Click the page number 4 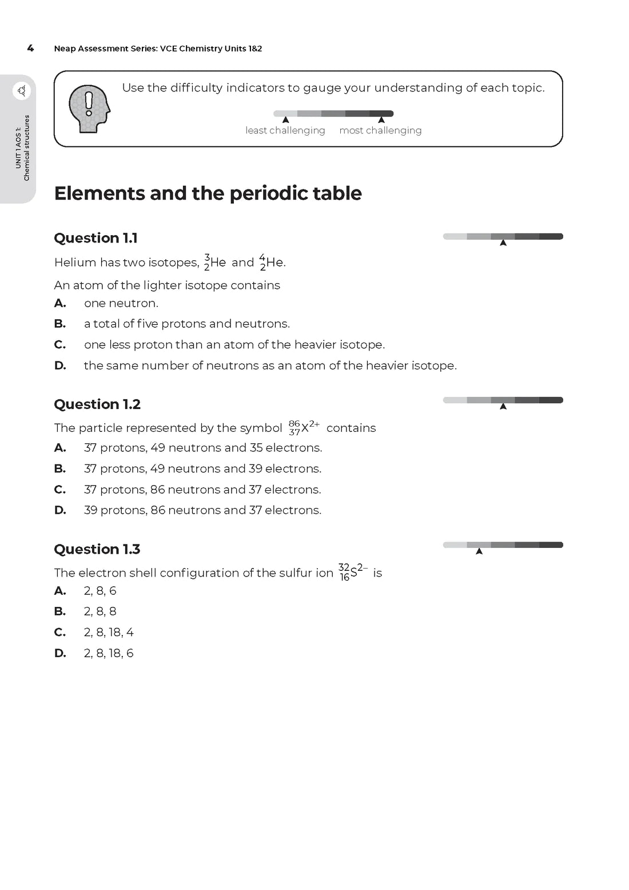click(x=30, y=49)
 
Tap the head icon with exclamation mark click(x=89, y=109)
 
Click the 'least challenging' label click(x=285, y=130)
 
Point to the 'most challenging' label click(x=380, y=130)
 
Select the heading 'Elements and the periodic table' click(x=208, y=193)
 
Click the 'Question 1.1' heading click(x=95, y=238)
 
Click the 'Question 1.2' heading click(x=97, y=404)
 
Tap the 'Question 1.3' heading click(x=97, y=549)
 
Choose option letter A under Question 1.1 click(x=60, y=303)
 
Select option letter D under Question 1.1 click(x=60, y=365)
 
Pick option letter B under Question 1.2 click(x=60, y=468)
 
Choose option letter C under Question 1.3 click(x=60, y=632)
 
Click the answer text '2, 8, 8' click(x=100, y=611)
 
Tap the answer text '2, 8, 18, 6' click(x=109, y=653)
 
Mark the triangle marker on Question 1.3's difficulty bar click(x=479, y=551)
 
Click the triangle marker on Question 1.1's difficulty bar click(x=503, y=243)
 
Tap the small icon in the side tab click(x=22, y=90)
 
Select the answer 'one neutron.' click(x=121, y=303)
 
